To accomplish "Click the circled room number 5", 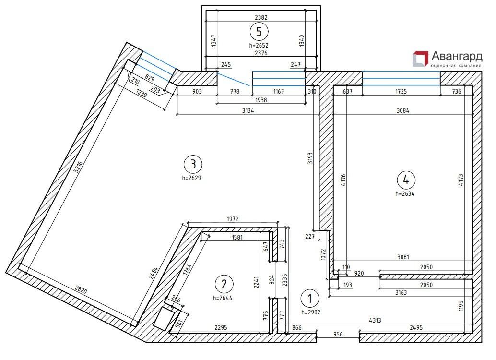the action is pos(259,31).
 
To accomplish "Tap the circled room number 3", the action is pos(193,164).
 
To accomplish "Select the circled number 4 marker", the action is pos(406,180).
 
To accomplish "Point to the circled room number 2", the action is pos(224,284).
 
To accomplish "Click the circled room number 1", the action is pos(310,298).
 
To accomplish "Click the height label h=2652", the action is pos(259,45).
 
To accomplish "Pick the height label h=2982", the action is pos(311,312).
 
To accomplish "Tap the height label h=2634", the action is pos(405,194).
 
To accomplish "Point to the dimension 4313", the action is pos(375,320).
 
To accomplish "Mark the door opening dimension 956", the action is pos(338,334).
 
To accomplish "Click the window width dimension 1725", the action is pos(401,92).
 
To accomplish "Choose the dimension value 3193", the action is pos(310,158).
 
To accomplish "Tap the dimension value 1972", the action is pos(233,219).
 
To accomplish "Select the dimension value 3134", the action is pos(248,110).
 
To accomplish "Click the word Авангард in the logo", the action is pos(457,57).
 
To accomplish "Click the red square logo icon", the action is pos(420,59).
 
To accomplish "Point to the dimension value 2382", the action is pos(261,18).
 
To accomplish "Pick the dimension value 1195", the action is pos(461,307).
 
